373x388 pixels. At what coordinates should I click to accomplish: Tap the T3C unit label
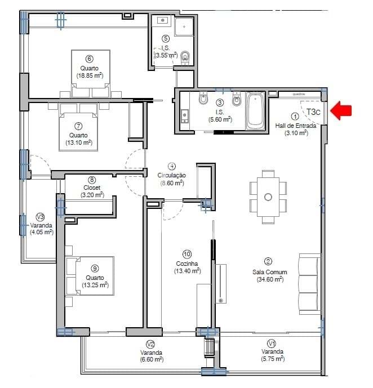(x=314, y=111)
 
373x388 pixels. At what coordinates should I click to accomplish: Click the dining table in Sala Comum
(x=268, y=196)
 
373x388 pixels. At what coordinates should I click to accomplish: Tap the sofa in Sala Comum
(x=309, y=284)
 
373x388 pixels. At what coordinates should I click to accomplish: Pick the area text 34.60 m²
(x=270, y=279)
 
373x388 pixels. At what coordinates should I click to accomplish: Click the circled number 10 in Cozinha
(x=187, y=254)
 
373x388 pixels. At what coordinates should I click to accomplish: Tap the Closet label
(x=92, y=188)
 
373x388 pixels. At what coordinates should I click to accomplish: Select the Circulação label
(x=172, y=175)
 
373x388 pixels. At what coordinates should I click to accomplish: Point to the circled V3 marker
(x=40, y=217)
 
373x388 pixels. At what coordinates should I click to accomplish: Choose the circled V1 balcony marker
(x=271, y=343)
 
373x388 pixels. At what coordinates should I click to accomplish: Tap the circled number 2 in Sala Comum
(x=268, y=261)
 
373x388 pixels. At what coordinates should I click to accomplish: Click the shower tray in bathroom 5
(x=184, y=26)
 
